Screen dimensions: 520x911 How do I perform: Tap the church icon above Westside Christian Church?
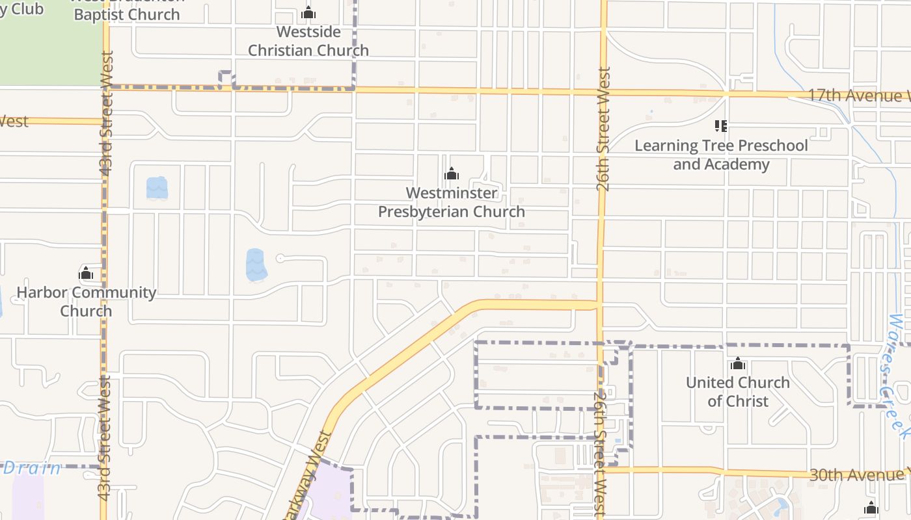coord(308,13)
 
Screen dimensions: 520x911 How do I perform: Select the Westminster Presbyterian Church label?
coord(452,202)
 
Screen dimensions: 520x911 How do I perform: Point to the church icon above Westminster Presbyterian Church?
coord(452,174)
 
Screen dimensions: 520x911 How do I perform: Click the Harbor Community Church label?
coord(86,302)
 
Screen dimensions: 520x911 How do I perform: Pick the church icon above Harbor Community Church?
coord(86,274)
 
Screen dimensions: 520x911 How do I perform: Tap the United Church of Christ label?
coord(738,391)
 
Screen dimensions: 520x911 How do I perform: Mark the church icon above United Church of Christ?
coord(738,363)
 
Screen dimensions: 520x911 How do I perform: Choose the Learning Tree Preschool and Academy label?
coord(721,155)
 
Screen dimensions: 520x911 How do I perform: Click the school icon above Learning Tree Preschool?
coord(721,125)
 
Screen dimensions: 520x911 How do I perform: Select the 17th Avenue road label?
coord(858,96)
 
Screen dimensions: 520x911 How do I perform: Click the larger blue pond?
coord(256,265)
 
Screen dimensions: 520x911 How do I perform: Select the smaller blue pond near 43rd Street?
coord(157,188)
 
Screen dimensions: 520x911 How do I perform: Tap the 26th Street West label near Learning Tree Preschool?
coord(603,130)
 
